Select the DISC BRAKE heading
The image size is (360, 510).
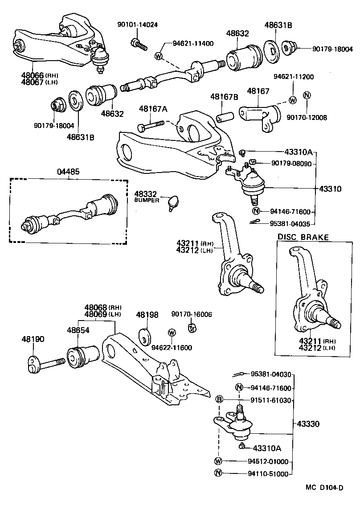click(303, 237)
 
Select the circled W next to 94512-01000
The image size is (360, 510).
click(219, 461)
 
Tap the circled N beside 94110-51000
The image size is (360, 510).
click(219, 473)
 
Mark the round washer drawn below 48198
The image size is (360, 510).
click(145, 336)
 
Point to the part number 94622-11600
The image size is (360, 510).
click(172, 347)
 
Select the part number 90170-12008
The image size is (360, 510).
click(307, 117)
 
